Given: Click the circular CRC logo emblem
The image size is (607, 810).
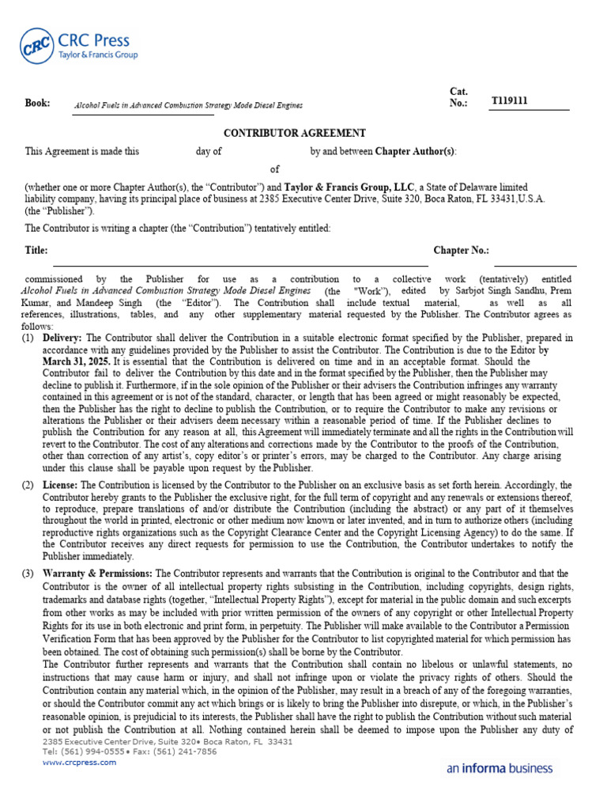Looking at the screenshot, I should point(37,47).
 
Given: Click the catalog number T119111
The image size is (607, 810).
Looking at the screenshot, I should point(510,101).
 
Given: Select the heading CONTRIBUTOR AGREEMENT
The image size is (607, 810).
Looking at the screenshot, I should point(294,133).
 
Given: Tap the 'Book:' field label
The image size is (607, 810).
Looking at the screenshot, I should point(37,103).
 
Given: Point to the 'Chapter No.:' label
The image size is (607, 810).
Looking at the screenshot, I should point(461,250).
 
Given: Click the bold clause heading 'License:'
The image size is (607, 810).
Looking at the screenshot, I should point(60,485).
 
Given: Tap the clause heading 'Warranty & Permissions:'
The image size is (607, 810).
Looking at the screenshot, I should point(98,573).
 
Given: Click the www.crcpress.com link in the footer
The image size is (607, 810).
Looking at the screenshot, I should point(79,762).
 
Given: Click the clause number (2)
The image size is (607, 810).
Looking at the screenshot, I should point(28,485).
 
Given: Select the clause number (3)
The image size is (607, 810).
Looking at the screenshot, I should point(28,573).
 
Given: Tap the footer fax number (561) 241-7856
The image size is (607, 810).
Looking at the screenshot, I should point(189,751).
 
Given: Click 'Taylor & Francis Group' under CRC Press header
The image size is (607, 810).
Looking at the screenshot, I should point(98,55).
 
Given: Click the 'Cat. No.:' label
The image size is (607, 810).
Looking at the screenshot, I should point(458,97).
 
